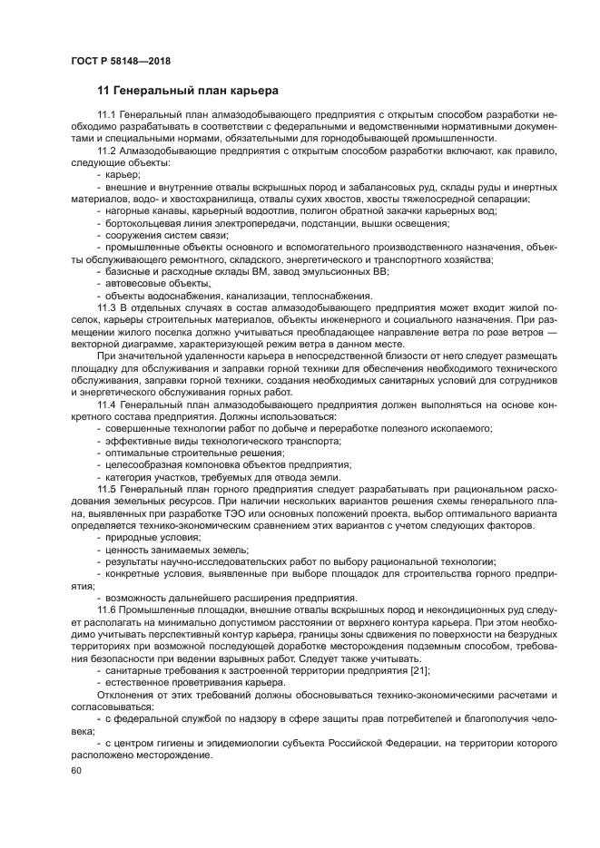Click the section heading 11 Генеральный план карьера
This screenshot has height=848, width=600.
(188, 91)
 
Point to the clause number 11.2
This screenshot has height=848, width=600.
(108, 151)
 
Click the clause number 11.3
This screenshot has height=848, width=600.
(108, 307)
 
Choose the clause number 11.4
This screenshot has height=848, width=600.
(108, 403)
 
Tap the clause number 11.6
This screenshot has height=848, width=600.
(108, 609)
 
